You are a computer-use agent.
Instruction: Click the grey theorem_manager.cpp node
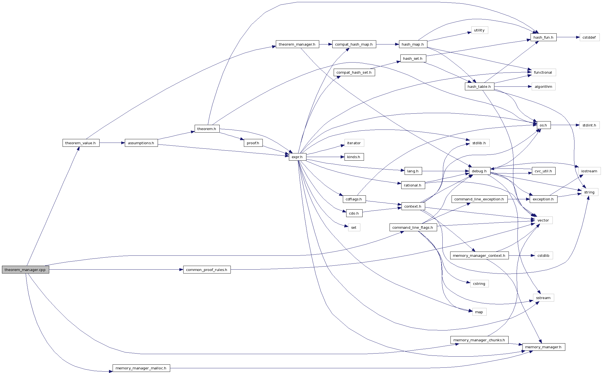[25, 270]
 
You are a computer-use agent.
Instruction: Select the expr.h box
[297, 157]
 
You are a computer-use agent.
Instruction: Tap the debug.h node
[479, 171]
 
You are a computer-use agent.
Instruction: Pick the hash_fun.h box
[543, 37]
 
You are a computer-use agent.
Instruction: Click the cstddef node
[589, 37]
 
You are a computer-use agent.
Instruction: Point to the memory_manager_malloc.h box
[141, 368]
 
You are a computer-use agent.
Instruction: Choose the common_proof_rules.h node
[207, 270]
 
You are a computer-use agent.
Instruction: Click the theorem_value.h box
[81, 143]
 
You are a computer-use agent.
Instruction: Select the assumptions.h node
[141, 143]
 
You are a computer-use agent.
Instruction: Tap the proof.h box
[253, 143]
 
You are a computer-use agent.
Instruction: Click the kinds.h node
[354, 157]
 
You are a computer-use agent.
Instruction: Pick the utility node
[479, 30]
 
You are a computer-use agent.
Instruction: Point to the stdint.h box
[589, 125]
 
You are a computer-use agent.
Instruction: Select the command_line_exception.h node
[479, 199]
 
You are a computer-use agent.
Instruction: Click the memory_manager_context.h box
[479, 255]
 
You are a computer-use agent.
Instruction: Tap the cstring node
[479, 284]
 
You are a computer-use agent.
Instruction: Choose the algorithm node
[543, 86]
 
